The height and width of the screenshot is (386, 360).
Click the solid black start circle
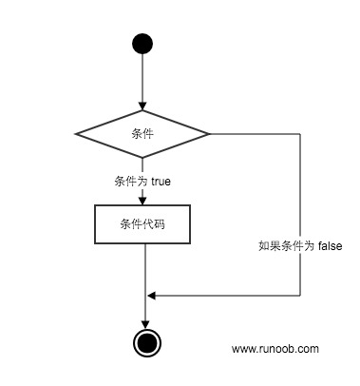coord(142,43)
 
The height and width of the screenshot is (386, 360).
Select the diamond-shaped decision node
coord(142,133)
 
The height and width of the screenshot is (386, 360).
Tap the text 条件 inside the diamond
coord(142,133)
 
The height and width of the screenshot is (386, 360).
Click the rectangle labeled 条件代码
coord(143,224)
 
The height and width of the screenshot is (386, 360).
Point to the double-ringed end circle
coord(144,343)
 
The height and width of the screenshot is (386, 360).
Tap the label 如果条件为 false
coord(298,244)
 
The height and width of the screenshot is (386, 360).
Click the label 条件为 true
coord(142,180)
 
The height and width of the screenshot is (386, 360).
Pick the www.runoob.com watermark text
coord(275,349)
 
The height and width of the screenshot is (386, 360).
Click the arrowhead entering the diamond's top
coord(142,106)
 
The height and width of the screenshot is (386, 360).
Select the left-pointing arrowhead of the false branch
coord(151,295)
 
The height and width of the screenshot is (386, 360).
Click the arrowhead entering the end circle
coord(144,324)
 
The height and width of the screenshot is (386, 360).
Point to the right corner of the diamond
coord(210,133)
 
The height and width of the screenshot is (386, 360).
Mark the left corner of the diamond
coord(76,133)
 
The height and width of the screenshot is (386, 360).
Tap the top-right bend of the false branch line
coord(300,133)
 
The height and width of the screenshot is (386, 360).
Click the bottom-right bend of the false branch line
coord(300,295)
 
